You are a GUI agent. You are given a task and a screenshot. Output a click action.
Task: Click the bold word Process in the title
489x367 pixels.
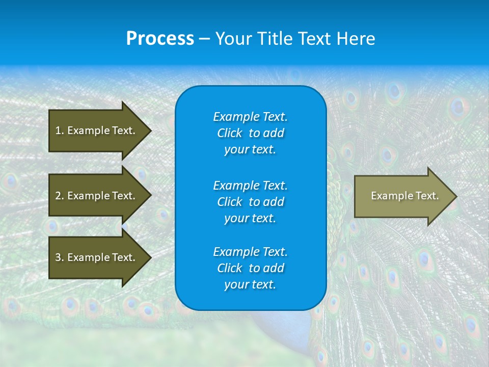click(x=160, y=39)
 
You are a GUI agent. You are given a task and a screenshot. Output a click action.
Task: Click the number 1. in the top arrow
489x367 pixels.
click(x=59, y=130)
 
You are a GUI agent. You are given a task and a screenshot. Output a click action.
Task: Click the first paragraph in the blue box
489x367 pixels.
click(x=250, y=133)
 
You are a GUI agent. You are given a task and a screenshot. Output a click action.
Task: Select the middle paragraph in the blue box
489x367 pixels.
click(x=250, y=202)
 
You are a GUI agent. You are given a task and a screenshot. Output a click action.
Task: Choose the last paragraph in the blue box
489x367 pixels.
click(x=250, y=268)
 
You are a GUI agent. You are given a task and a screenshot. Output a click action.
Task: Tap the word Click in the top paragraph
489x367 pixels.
click(x=229, y=133)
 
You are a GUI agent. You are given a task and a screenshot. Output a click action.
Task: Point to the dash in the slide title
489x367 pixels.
click(x=204, y=39)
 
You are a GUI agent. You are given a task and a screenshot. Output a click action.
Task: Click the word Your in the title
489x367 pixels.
click(x=234, y=39)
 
